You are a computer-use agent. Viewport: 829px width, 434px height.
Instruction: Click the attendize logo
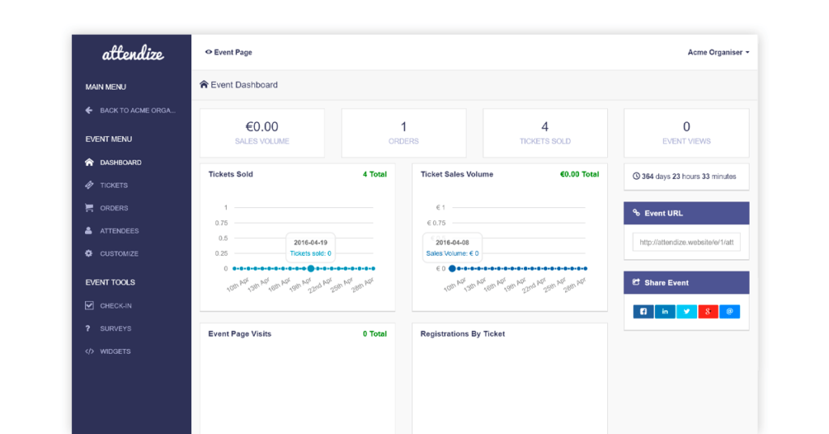pos(133,54)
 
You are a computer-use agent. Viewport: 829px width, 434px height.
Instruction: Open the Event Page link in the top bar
pos(229,53)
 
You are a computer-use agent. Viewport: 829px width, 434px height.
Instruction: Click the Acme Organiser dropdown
pos(718,53)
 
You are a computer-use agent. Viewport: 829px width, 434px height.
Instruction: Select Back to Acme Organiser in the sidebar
pos(137,110)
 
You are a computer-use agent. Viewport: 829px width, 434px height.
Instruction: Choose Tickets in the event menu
pos(113,185)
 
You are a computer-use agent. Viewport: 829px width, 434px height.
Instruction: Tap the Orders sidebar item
pos(113,208)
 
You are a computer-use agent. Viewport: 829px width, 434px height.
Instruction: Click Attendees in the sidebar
pos(119,231)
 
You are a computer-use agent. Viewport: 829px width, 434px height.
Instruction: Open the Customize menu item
pos(119,253)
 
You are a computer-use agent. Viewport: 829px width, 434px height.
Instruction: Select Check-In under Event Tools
pos(116,306)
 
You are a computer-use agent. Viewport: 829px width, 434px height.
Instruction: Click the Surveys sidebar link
pos(116,329)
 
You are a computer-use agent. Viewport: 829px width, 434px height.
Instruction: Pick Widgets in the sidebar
pos(115,351)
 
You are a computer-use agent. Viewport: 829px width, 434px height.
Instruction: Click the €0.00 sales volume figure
pos(261,127)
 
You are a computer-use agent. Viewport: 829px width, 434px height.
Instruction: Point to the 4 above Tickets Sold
pos(545,127)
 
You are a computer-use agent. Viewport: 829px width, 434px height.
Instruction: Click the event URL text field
pos(687,242)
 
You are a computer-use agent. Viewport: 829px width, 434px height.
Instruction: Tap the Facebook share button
pos(644,312)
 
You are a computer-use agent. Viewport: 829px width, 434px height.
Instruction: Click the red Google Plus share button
pos(708,312)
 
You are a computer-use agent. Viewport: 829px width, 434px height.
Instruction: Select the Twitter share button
pos(687,312)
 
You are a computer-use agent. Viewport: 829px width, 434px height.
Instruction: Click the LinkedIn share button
pos(665,312)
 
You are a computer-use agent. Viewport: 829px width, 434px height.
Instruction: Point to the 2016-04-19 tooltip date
pos(310,242)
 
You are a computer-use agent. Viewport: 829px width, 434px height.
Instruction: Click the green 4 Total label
pos(374,174)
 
